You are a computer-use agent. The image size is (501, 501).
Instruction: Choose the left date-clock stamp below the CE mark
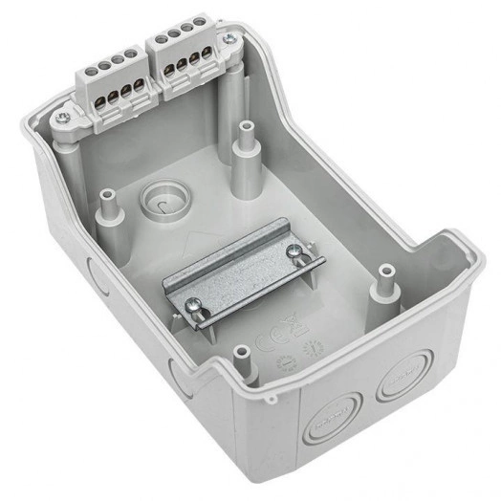click(285, 362)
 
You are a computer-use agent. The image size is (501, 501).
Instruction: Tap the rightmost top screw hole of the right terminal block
click(200, 21)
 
